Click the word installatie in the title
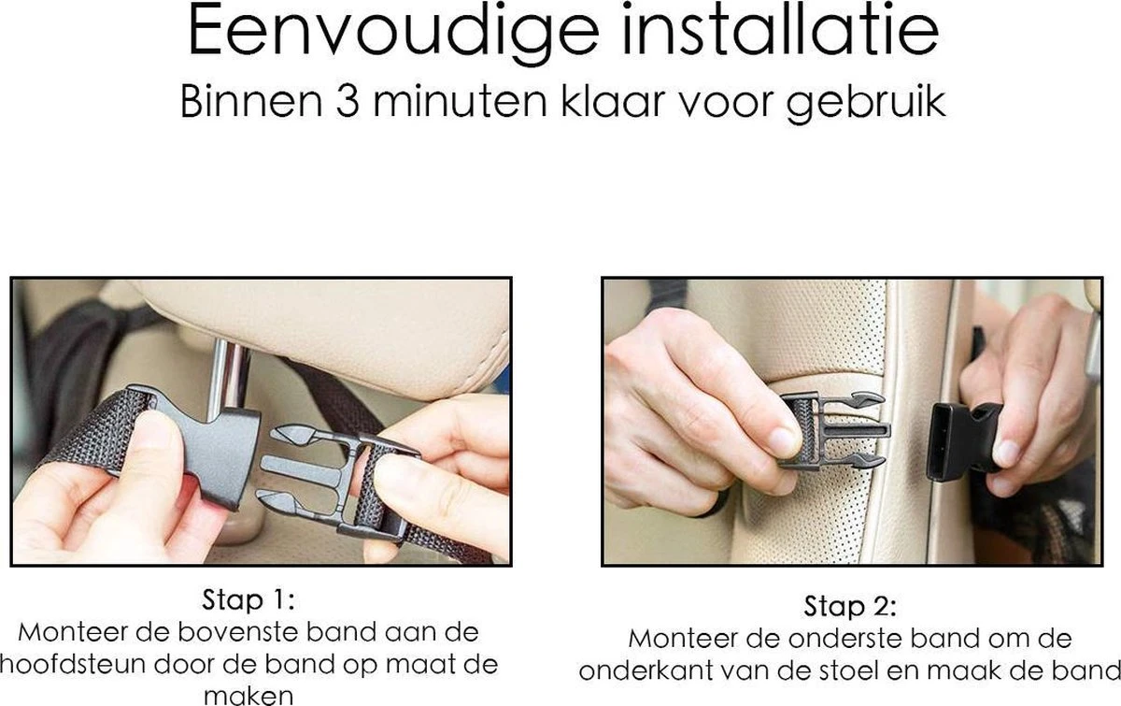click(780, 30)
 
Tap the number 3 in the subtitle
click(348, 102)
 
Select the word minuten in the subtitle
click(460, 102)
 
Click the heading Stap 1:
click(248, 599)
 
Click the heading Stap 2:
click(850, 606)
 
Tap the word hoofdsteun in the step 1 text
click(74, 665)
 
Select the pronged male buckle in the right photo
click(834, 431)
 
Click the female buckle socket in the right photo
click(963, 441)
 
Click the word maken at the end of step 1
click(248, 696)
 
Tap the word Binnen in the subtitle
click(251, 102)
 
